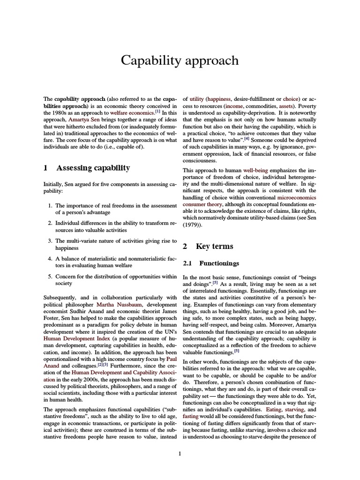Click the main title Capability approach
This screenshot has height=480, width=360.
tap(180, 60)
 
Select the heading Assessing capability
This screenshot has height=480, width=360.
tap(93, 168)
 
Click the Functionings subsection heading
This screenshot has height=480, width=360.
tap(219, 263)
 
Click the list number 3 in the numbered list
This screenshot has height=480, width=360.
tap(50, 240)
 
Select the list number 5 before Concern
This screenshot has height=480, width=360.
tap(50, 276)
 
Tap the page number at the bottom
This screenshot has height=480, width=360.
tap(180, 453)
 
